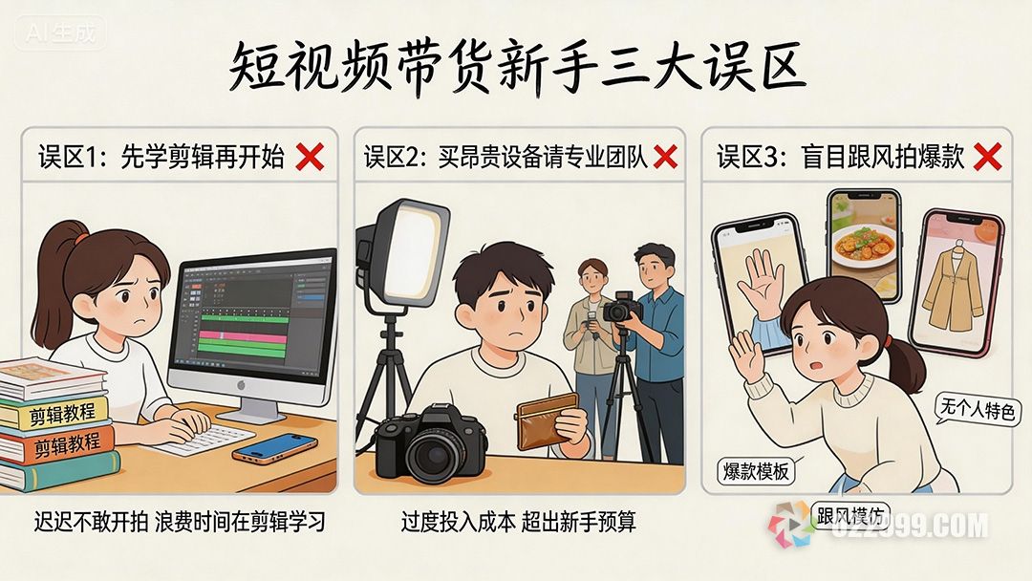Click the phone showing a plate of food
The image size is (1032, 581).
point(865,244)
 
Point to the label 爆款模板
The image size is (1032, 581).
point(756,471)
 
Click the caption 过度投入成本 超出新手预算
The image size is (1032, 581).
point(518,522)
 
